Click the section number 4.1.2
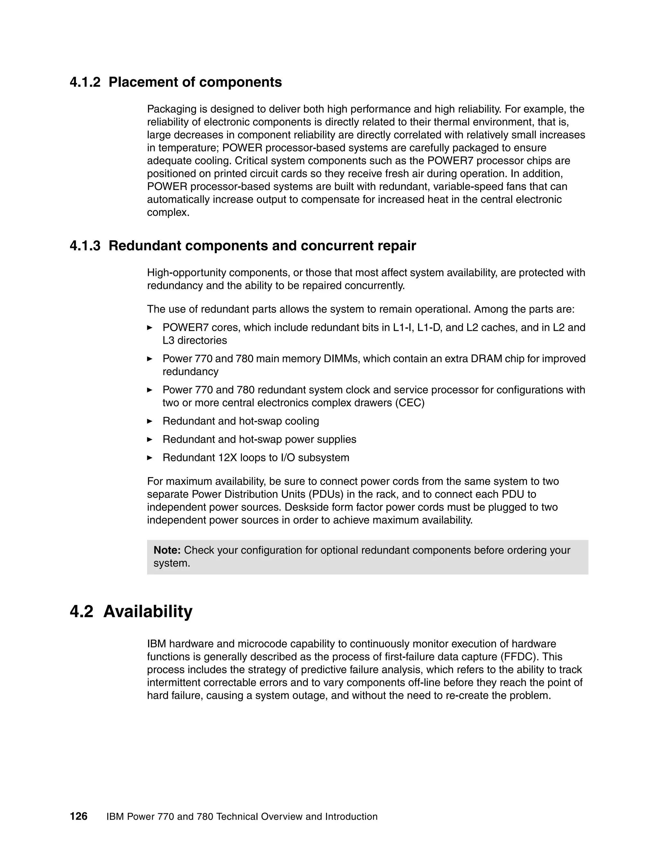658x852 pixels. [85, 82]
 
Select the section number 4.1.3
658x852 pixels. [85, 246]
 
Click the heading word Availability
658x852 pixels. [148, 611]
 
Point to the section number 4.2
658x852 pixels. [82, 611]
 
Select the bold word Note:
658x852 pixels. [167, 550]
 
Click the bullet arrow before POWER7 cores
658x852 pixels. [150, 328]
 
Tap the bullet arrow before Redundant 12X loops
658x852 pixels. [150, 458]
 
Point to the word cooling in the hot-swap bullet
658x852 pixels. [302, 421]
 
